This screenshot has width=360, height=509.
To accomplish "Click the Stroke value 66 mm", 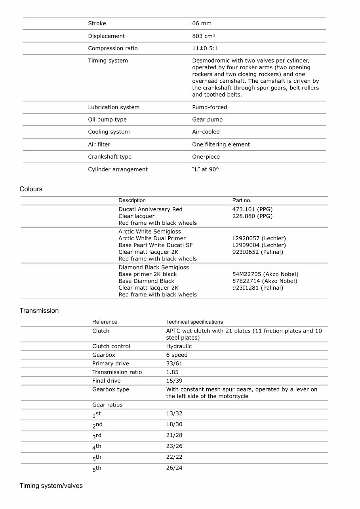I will point(202,23).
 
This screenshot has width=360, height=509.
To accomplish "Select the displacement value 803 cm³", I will point(204,36).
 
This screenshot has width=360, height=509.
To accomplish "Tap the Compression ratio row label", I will point(112,48).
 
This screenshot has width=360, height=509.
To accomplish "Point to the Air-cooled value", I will point(206,132).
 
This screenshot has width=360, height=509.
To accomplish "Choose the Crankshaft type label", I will point(109,157).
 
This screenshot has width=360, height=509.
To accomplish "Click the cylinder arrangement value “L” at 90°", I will point(205,169).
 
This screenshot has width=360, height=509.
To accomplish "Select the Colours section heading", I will point(31,189).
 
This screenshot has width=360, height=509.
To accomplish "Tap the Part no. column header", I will point(242,200).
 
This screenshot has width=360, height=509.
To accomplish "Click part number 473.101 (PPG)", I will point(252,209).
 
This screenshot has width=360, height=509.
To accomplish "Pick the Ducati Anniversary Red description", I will point(150,209).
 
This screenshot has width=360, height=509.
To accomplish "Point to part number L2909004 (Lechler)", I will point(259,245).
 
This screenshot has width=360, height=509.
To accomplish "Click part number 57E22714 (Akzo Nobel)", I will point(265,281).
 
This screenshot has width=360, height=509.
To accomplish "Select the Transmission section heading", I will point(39,311).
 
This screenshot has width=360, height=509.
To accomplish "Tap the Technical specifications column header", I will point(194,322).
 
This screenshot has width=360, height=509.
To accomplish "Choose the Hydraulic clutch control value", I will point(179,346).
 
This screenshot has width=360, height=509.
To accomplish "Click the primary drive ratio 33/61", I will point(174,363).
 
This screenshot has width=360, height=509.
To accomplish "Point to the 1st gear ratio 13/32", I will point(174,414).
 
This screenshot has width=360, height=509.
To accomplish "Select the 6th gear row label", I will point(97,469).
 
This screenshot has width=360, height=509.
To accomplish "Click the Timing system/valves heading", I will point(51,486).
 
